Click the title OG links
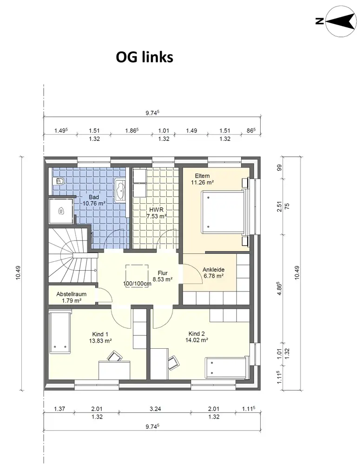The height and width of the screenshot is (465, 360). click(144, 57)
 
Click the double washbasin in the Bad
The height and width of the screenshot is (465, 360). click(121, 190)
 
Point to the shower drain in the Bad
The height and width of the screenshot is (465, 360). click(61, 211)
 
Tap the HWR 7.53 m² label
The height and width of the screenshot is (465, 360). click(157, 213)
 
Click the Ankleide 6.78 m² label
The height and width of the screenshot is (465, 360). click(213, 273)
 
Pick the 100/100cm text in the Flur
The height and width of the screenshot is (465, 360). click(137, 284)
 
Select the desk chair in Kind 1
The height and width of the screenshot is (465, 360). click(115, 356)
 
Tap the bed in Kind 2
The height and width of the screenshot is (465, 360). click(226, 368)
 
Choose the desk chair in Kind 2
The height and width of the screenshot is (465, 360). click(173, 363)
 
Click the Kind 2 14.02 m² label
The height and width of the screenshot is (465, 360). click(197, 337)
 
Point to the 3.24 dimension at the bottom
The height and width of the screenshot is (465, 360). click(155, 409)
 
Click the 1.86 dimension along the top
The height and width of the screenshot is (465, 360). click(132, 131)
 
